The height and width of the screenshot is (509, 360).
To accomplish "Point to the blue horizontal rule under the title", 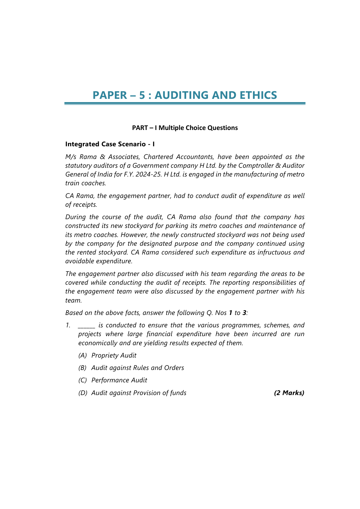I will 185,103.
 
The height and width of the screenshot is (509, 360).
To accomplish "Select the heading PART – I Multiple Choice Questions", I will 185,128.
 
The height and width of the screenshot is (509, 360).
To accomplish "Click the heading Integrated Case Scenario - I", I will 110,144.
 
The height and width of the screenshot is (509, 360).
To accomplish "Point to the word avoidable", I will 79,261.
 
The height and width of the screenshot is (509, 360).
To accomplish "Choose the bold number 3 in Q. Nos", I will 244,313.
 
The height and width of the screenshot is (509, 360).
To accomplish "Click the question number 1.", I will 68,326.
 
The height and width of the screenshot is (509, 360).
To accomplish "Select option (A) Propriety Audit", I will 107,355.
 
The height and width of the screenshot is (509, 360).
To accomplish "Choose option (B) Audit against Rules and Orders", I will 131,368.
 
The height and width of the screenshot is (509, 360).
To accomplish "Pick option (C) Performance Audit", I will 113,380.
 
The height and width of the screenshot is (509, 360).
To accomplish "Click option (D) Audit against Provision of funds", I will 132,393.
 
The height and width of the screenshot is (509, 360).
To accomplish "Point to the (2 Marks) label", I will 289,393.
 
